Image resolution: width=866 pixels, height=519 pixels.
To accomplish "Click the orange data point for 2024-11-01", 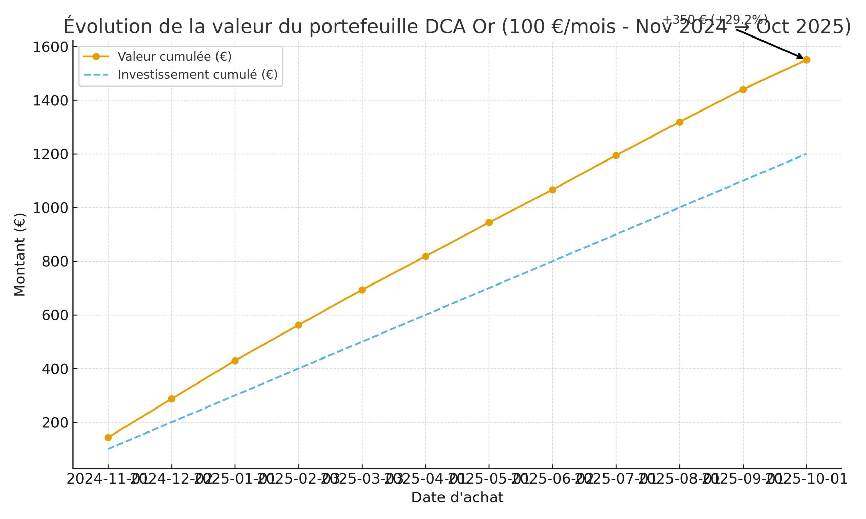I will (108, 438).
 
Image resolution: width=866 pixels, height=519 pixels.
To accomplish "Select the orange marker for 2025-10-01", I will (806, 60).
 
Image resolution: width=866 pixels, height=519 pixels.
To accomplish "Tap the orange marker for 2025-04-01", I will (425, 256).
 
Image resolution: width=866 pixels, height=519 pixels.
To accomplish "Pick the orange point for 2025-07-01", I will (616, 156).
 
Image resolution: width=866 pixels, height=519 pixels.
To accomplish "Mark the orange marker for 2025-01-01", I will (235, 361).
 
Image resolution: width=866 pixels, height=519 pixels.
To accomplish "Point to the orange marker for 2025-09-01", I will (743, 90).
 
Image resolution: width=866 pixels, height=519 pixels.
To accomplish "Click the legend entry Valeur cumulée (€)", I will (174, 57).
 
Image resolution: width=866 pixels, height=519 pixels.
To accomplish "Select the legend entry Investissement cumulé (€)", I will (198, 74).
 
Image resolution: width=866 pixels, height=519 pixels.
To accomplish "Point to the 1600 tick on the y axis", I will (50, 47).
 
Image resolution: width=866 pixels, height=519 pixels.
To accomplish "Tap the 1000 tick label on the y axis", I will (50, 208).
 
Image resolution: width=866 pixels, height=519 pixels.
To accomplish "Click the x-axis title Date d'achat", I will (457, 498).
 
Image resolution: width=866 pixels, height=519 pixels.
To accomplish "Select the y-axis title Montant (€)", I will (20, 255).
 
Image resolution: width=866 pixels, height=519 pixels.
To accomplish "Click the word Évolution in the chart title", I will (108, 27).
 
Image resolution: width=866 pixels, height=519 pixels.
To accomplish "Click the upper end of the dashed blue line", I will (806, 154).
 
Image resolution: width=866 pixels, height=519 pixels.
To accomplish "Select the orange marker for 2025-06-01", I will (552, 190).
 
